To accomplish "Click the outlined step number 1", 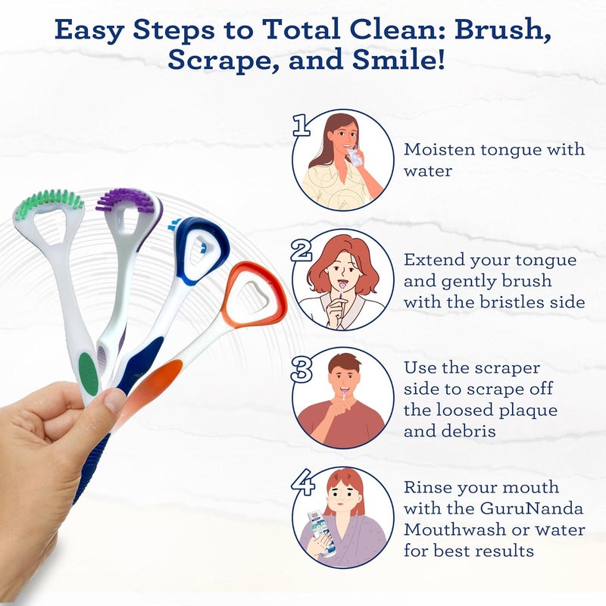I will coord(301,126).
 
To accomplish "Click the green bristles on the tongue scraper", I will coord(50,201).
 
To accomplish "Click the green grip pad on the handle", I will coord(89,371).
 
